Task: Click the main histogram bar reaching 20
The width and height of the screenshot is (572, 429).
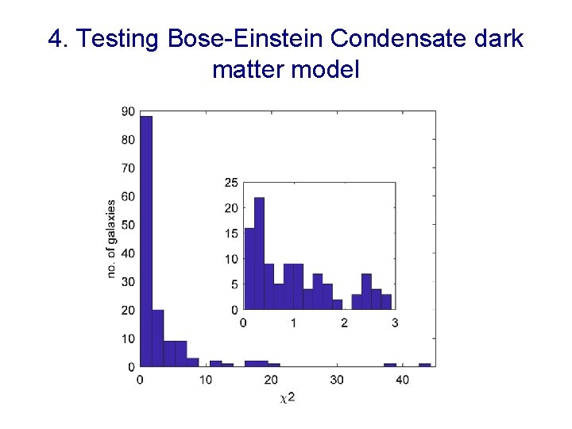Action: [157, 338]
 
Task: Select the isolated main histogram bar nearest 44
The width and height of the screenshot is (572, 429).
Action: [425, 365]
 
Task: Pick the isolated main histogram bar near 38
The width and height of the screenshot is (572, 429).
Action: [390, 365]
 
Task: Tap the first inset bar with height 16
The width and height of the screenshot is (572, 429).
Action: [249, 269]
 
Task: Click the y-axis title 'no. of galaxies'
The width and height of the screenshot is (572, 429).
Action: [111, 238]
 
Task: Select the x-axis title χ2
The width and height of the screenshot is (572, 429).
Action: [288, 396]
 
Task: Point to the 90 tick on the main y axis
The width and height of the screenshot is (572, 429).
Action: [128, 112]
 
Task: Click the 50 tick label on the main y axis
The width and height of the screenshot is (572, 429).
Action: [128, 226]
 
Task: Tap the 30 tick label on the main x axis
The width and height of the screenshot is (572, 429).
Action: [338, 380]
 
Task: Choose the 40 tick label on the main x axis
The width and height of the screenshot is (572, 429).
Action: [403, 380]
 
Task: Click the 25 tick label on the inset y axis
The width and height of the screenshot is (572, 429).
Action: [230, 183]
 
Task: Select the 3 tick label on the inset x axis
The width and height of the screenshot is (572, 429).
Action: [395, 323]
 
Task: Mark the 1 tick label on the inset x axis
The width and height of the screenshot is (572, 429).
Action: [294, 323]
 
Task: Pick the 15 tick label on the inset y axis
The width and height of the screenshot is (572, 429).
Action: [230, 234]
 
